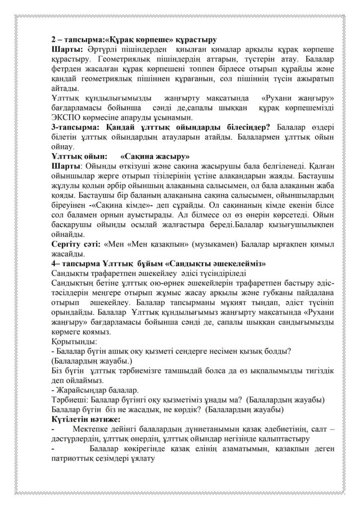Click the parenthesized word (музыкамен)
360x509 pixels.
coord(205,245)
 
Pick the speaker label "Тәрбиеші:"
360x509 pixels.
coord(71,400)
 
